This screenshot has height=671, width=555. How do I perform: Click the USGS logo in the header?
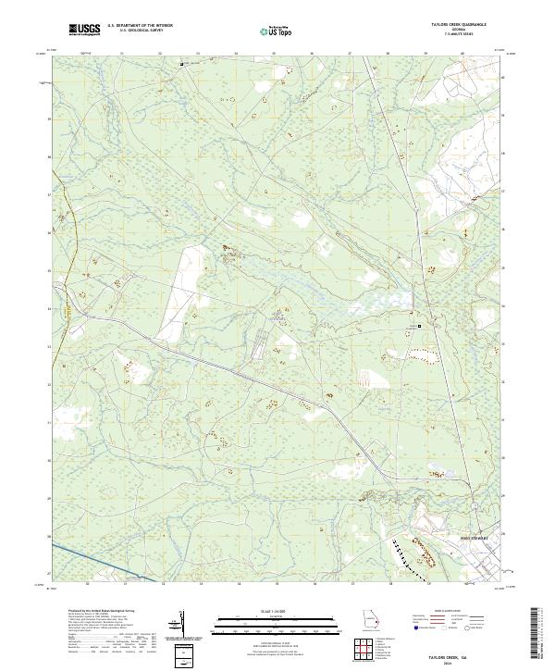85,31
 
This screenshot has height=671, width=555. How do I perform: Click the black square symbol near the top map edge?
181,64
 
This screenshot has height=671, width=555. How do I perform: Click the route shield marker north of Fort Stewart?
474,505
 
